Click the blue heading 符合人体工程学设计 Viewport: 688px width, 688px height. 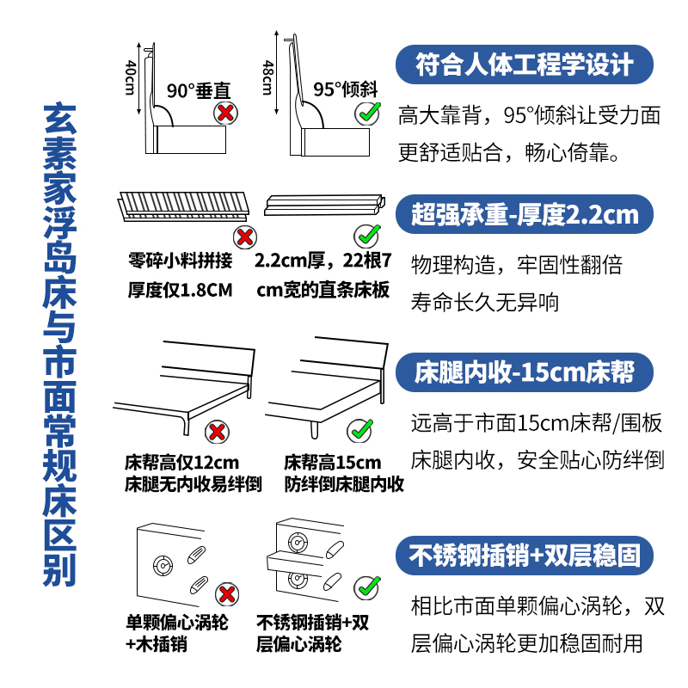click(524, 65)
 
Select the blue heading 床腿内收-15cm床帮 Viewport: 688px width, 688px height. click(524, 372)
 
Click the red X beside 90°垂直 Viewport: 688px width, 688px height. click(225, 112)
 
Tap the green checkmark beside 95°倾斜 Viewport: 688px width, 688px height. click(370, 112)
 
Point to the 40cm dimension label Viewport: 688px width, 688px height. click(130, 78)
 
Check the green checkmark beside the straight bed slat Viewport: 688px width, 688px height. click(367, 234)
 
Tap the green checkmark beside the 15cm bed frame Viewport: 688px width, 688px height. click(359, 429)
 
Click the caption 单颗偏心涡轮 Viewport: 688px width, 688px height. click(177, 622)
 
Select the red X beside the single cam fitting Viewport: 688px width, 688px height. click(226, 593)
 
